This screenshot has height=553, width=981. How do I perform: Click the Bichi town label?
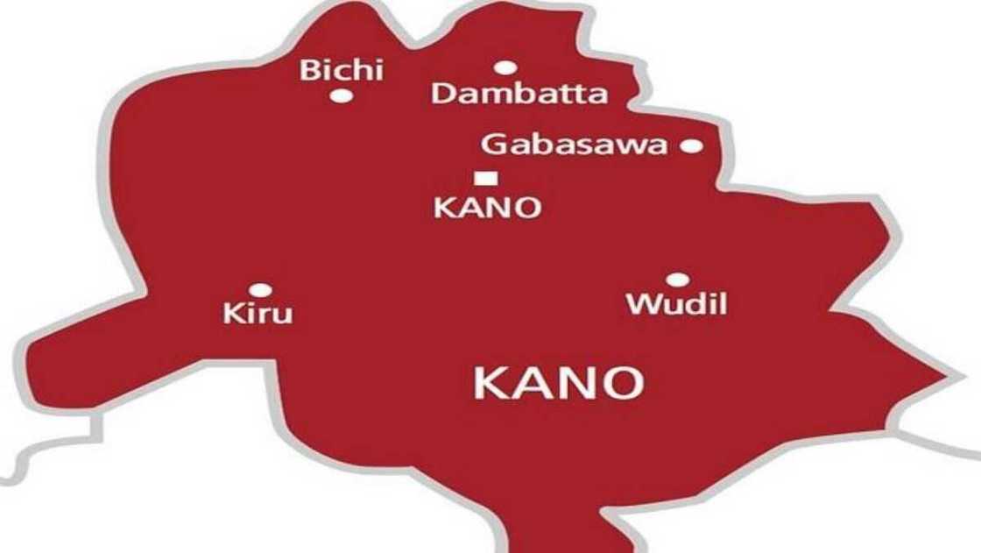point(342,70)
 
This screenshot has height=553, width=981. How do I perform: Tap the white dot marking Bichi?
point(342,96)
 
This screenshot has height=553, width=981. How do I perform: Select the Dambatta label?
point(519,93)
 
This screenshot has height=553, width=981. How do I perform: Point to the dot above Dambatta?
point(504,67)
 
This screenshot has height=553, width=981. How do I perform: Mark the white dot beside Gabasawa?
point(691,146)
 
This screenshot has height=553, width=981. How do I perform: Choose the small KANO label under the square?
point(488,209)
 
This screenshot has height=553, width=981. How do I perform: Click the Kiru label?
point(258,313)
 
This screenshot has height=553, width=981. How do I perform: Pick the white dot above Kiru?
point(259,289)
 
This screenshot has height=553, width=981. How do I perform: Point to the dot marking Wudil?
point(677,280)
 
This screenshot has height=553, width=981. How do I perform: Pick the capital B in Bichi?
point(309,70)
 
